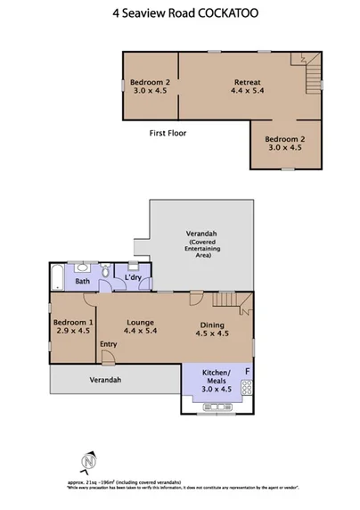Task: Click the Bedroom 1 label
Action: point(73,325)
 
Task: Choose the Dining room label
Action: point(212,329)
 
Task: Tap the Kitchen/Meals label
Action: point(217,379)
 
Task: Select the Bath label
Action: point(82,282)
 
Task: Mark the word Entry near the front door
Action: point(109,344)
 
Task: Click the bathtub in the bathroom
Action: point(55,278)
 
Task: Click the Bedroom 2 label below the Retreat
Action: point(286,143)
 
